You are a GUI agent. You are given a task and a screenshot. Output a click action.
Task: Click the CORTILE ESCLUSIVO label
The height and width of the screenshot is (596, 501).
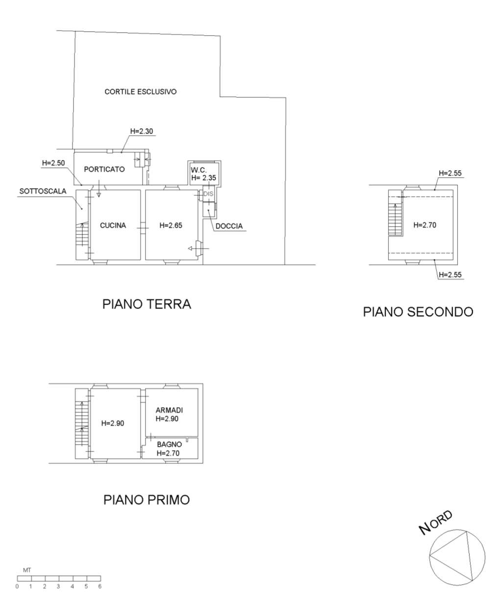141,92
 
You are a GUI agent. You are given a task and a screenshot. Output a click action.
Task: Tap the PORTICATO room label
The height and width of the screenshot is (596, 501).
104,169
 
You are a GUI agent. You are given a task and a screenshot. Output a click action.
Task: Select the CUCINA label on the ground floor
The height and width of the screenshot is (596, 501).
113,225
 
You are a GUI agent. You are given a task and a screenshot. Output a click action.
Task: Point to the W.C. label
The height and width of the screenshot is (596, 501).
199,170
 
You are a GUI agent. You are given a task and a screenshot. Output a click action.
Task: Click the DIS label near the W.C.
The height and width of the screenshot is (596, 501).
208,194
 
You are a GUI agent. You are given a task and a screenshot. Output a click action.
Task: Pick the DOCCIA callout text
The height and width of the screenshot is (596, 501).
229,226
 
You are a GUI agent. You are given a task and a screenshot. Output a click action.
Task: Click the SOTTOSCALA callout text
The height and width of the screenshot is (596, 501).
43,191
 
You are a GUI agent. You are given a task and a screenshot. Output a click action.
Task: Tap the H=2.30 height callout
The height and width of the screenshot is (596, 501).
142,131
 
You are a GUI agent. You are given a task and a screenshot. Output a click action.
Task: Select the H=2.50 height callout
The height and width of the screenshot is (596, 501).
53,163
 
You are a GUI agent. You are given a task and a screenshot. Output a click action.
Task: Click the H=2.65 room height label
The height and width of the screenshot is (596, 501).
171,225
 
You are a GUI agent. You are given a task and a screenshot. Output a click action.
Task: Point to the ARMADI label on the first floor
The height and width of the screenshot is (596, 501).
169,410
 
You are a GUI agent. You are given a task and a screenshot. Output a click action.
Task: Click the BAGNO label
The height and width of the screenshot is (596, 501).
169,444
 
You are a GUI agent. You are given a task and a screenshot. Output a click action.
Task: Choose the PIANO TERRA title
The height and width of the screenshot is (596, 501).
147,304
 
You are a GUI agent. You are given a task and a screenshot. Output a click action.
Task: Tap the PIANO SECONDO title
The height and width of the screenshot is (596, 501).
418,311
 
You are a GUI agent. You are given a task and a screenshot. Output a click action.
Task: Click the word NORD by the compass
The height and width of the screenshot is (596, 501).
436,522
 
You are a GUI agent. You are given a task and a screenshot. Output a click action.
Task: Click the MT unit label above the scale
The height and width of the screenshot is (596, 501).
27,571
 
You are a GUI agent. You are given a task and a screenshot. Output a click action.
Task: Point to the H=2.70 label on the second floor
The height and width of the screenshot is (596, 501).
425,225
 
